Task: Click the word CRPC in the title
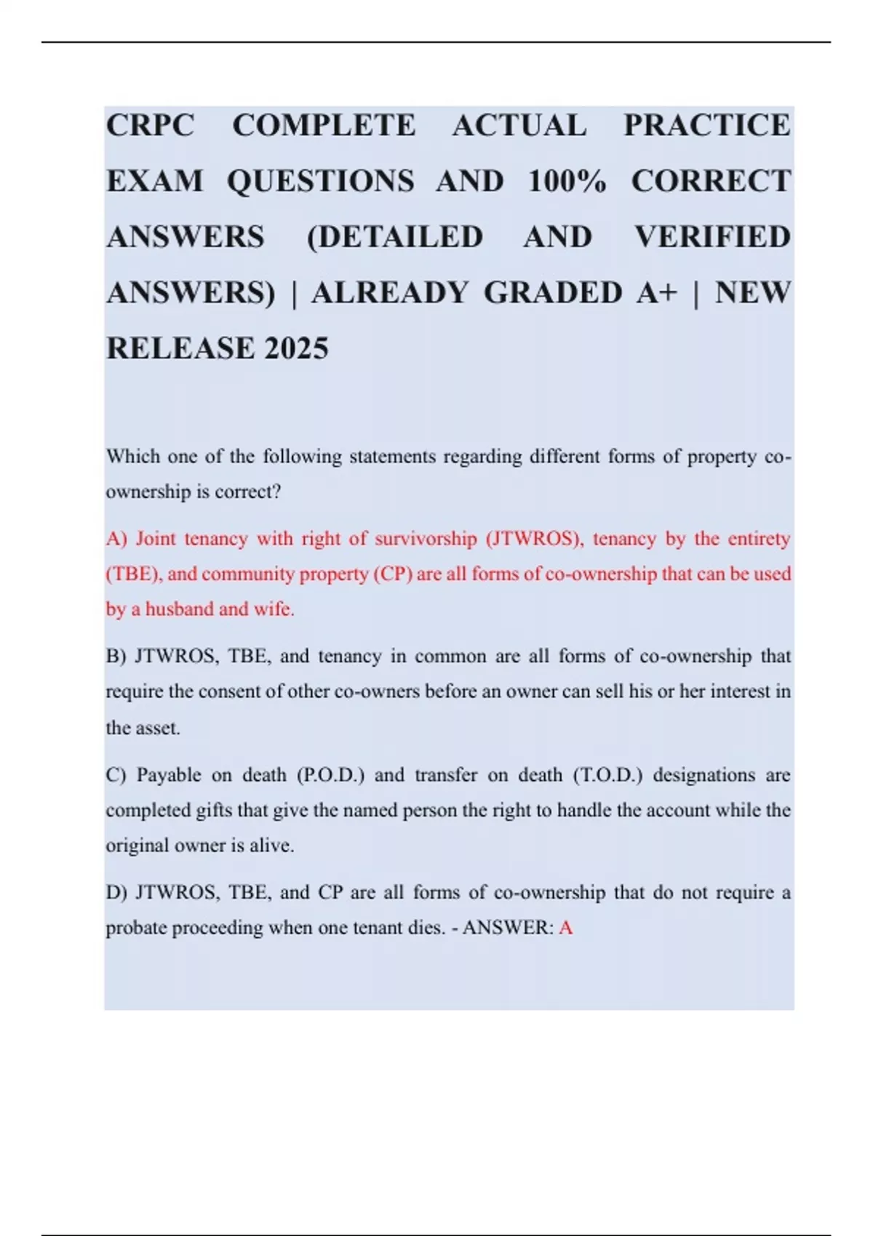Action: click(x=151, y=126)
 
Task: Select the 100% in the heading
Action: click(x=567, y=182)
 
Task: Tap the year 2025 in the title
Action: click(x=296, y=349)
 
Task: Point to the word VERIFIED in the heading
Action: click(x=712, y=238)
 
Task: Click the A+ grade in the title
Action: click(x=657, y=293)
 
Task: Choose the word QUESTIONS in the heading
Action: click(x=321, y=182)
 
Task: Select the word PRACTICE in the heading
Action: click(x=706, y=126)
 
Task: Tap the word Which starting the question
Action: click(x=132, y=457)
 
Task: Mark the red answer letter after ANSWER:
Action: click(x=566, y=928)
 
